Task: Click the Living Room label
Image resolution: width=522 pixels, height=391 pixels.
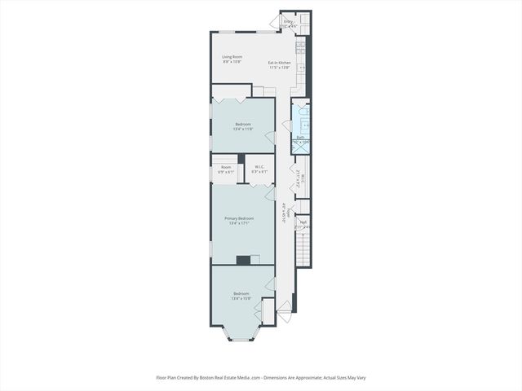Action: (232, 57)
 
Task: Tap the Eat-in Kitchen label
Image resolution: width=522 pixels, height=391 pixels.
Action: (280, 63)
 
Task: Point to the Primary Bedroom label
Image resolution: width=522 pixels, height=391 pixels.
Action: (239, 217)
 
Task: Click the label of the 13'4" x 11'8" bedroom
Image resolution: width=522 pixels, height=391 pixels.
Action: (242, 125)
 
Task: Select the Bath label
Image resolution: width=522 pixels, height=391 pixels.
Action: (300, 137)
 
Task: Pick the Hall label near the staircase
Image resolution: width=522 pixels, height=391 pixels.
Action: (302, 222)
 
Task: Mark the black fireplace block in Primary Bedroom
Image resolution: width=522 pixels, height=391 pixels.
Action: (243, 261)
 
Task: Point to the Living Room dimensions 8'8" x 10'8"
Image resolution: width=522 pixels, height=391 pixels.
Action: (232, 62)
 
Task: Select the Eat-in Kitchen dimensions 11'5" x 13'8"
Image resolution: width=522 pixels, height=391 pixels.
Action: (280, 68)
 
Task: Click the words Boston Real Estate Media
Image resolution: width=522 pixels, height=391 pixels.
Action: (231, 378)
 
